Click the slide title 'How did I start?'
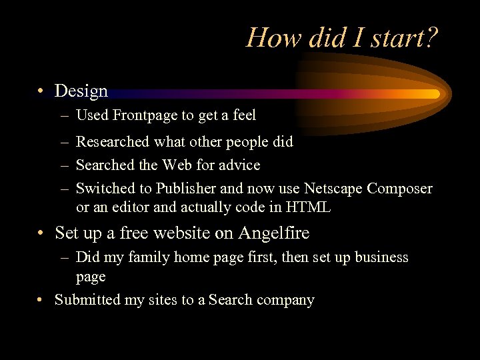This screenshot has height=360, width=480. (x=342, y=37)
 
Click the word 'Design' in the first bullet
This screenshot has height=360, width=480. (x=81, y=91)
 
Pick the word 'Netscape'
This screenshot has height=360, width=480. (x=332, y=189)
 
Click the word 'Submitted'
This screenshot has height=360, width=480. (x=88, y=300)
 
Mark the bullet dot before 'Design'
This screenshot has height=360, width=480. (x=42, y=91)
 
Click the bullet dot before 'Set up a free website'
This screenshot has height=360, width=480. (x=42, y=233)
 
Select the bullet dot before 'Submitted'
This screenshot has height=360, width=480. (x=42, y=300)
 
